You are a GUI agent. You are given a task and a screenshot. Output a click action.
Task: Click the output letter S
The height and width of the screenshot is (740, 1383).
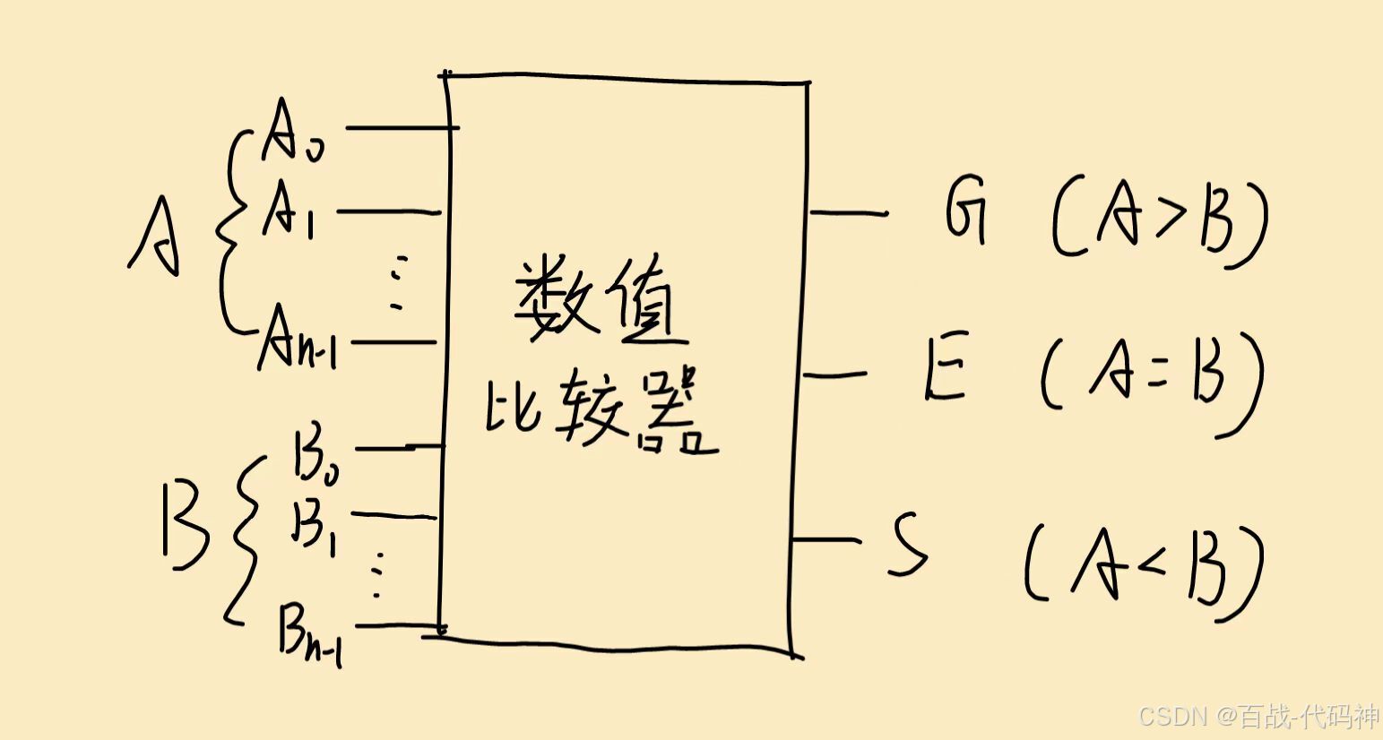coord(907,545)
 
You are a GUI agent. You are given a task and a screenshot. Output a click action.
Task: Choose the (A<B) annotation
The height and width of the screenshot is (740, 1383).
coord(1144,568)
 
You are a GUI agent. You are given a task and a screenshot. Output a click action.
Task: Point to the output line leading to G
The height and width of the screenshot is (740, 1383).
coord(847,213)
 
